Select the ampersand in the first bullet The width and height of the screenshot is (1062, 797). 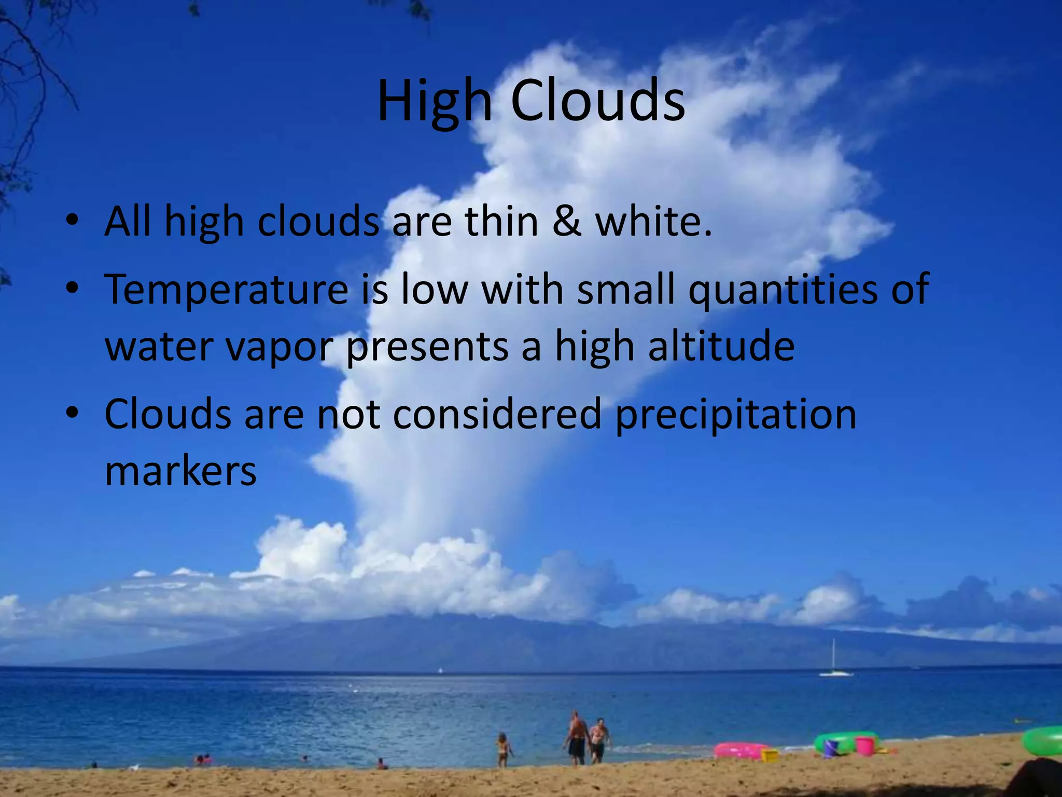click(x=566, y=222)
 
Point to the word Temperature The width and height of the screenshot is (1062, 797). click(x=226, y=290)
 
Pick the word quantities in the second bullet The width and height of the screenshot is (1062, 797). click(x=783, y=290)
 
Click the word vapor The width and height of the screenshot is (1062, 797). click(x=280, y=347)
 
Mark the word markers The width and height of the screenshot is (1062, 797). click(x=180, y=471)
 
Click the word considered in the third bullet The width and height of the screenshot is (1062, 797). click(x=497, y=414)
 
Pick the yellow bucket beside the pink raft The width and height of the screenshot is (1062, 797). click(x=769, y=755)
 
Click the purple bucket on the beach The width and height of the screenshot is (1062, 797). click(x=831, y=748)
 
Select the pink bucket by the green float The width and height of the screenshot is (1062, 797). click(x=864, y=746)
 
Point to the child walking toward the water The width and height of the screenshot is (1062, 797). click(x=502, y=749)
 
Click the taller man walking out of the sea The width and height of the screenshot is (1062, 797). click(x=576, y=737)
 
